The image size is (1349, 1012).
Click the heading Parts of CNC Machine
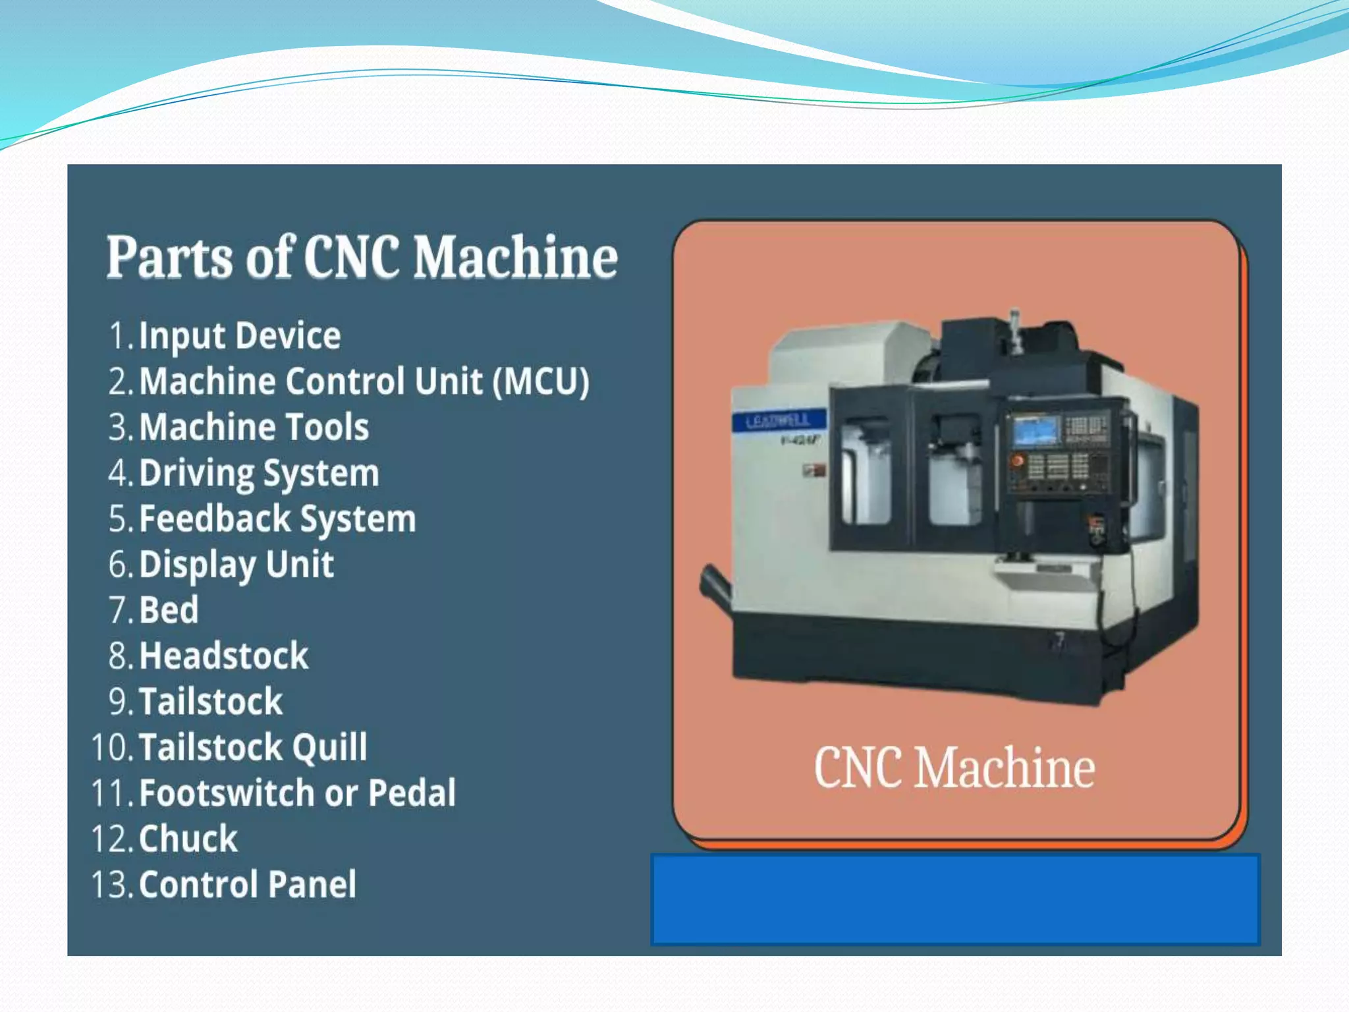(362, 257)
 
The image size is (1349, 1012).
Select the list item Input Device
(240, 335)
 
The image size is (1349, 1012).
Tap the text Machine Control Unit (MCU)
(364, 381)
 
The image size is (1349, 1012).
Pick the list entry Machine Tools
(254, 427)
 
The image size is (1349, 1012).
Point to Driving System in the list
(260, 473)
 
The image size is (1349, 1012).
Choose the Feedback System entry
(278, 519)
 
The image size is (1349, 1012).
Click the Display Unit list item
(236, 565)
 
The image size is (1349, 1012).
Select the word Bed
(169, 609)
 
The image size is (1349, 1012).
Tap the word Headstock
(224, 656)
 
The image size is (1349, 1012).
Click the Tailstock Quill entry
(253, 747)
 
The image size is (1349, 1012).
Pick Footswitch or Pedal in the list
(297, 793)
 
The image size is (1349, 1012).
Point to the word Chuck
(188, 839)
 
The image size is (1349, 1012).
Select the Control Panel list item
(248, 884)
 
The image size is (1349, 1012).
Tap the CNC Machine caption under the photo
(954, 768)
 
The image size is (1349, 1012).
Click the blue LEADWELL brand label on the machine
(779, 420)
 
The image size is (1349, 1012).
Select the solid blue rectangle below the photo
(955, 900)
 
